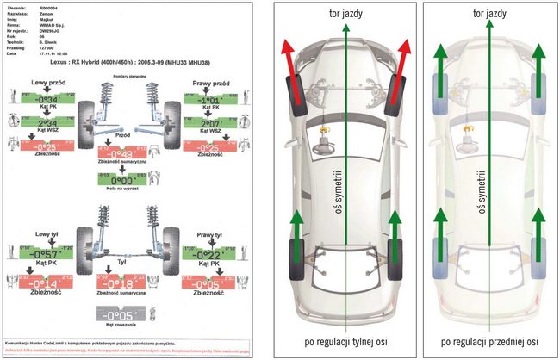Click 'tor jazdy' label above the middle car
point(344,16)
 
